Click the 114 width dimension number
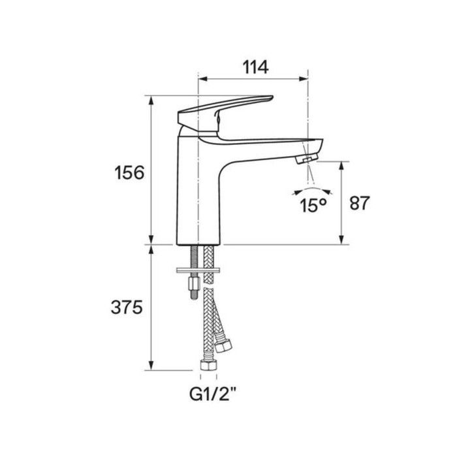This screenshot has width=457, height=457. [x=256, y=67]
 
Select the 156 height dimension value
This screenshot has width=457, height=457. [x=129, y=172]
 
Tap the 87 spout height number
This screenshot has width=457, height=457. [x=359, y=203]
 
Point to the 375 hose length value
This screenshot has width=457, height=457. [x=127, y=307]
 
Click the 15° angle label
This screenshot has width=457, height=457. [x=313, y=205]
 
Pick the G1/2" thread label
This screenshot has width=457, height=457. [x=213, y=394]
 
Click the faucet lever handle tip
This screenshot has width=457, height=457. [x=271, y=98]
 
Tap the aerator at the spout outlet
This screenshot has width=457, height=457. [x=305, y=159]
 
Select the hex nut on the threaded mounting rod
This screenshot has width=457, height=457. [x=193, y=283]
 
